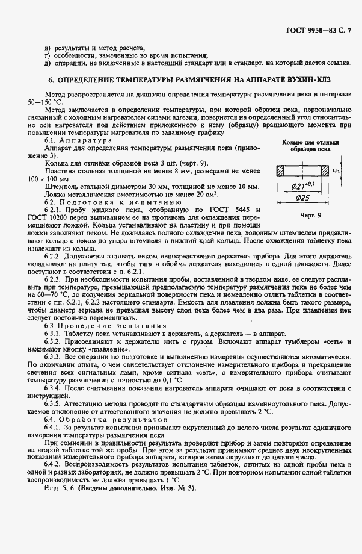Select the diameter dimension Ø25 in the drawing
click(302, 198)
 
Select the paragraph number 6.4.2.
click(54, 465)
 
